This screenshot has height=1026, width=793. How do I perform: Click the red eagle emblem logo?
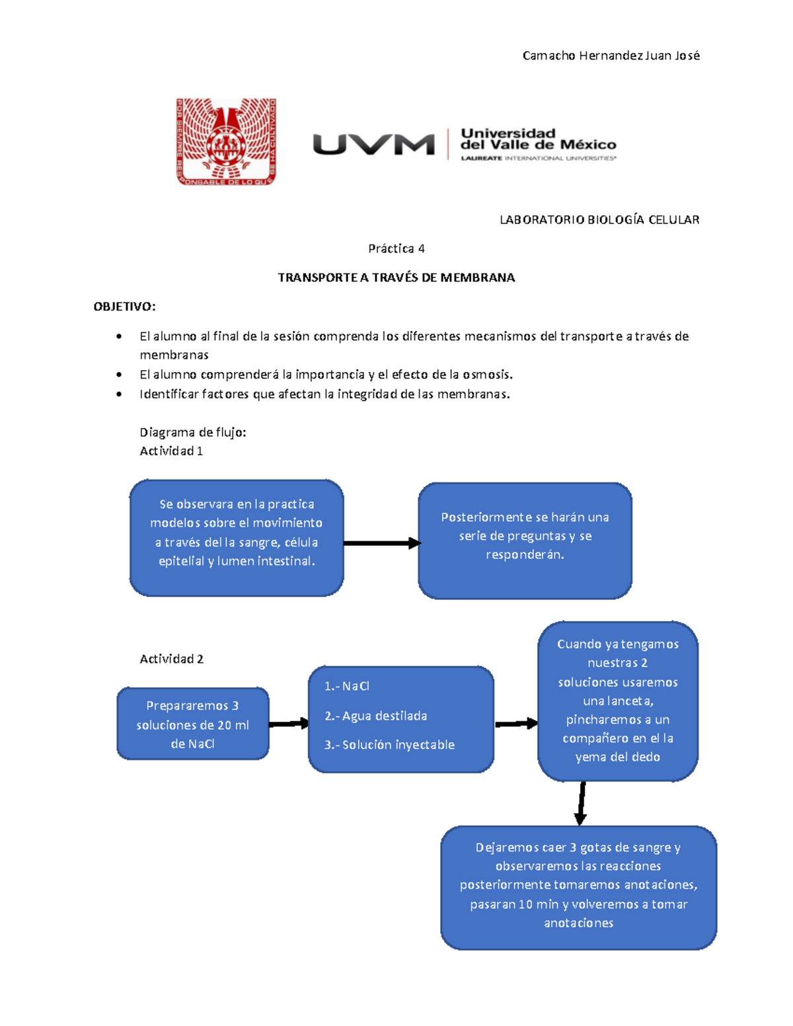(x=226, y=141)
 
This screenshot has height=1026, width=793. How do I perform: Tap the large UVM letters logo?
(x=373, y=144)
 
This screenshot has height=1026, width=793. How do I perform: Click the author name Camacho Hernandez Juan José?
(x=611, y=55)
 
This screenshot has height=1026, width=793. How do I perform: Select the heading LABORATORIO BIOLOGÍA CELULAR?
(x=599, y=219)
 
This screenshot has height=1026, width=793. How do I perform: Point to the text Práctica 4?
(x=396, y=248)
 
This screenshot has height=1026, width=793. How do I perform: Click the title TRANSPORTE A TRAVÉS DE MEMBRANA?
(x=396, y=277)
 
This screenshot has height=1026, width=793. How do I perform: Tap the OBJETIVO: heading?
(x=124, y=307)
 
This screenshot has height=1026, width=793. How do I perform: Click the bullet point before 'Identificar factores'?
(x=119, y=394)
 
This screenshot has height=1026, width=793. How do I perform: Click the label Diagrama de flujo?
(x=192, y=432)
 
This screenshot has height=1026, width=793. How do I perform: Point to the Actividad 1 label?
(x=170, y=451)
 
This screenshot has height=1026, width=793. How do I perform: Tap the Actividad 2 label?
(x=171, y=659)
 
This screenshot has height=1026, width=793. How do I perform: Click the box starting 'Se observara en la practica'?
(x=237, y=538)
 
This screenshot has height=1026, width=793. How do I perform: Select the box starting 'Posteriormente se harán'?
(x=525, y=540)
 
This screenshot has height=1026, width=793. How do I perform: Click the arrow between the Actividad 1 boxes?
(x=381, y=543)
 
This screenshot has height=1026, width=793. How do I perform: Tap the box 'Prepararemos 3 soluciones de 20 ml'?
(x=192, y=724)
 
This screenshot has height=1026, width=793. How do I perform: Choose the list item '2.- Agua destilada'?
(x=375, y=715)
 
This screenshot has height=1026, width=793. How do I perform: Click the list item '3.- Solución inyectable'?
(x=389, y=745)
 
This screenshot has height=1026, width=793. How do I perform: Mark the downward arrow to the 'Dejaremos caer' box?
(x=581, y=803)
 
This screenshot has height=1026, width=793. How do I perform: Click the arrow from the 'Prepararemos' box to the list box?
(x=289, y=723)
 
